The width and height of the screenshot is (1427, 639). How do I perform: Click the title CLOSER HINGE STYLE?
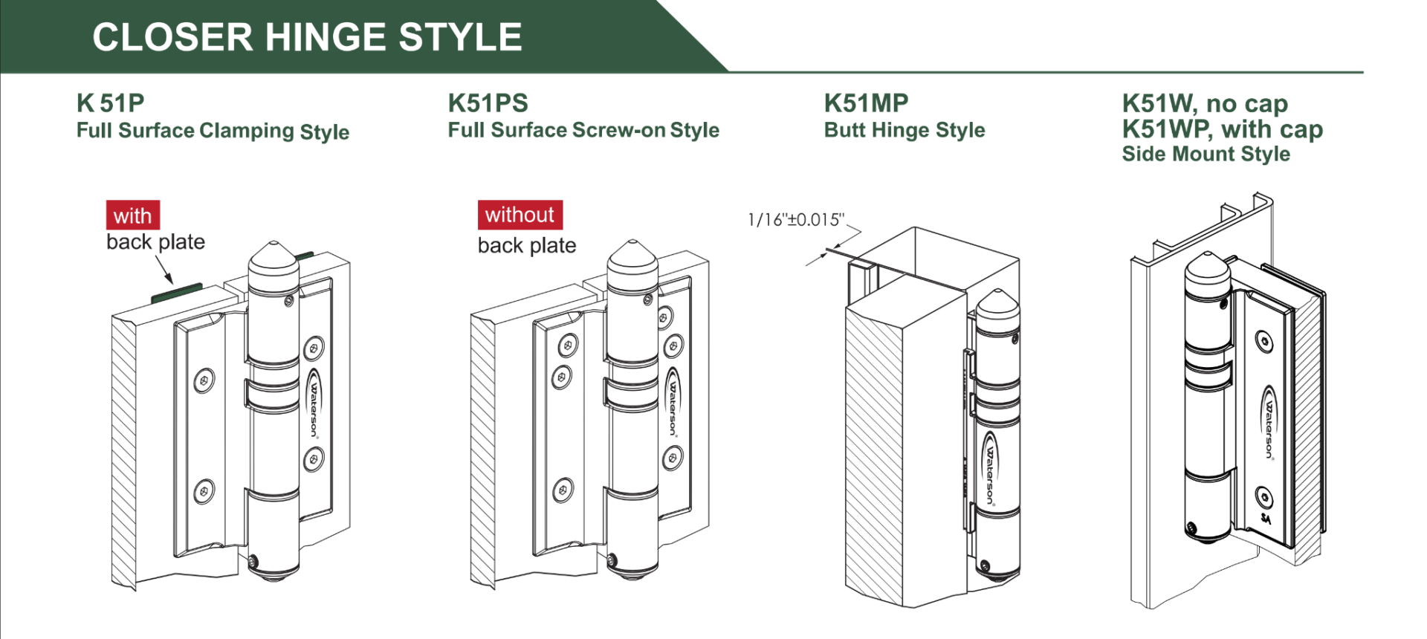[307, 37]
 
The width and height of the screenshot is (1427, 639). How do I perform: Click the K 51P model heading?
[110, 103]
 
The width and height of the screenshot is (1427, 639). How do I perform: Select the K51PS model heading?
[488, 103]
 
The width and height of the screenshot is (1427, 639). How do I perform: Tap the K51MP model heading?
[866, 103]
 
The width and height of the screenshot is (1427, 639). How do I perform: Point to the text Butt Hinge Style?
[904, 130]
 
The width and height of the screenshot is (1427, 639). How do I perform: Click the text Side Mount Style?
[1206, 154]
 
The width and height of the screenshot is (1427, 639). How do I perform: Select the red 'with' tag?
[132, 215]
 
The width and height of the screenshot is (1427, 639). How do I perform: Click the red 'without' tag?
[520, 215]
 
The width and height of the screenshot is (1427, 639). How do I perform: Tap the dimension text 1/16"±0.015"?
[796, 220]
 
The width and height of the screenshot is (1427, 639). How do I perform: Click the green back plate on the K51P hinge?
[177, 293]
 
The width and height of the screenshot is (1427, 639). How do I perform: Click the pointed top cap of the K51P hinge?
[274, 256]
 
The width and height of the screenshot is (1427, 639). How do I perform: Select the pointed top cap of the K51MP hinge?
[997, 301]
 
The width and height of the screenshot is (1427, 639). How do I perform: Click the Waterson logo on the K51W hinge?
[1269, 423]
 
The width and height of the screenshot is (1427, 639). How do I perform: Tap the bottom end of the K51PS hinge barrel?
[632, 569]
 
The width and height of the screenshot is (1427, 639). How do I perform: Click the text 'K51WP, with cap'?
[1222, 129]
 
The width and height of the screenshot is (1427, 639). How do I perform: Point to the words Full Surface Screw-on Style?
[583, 130]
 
